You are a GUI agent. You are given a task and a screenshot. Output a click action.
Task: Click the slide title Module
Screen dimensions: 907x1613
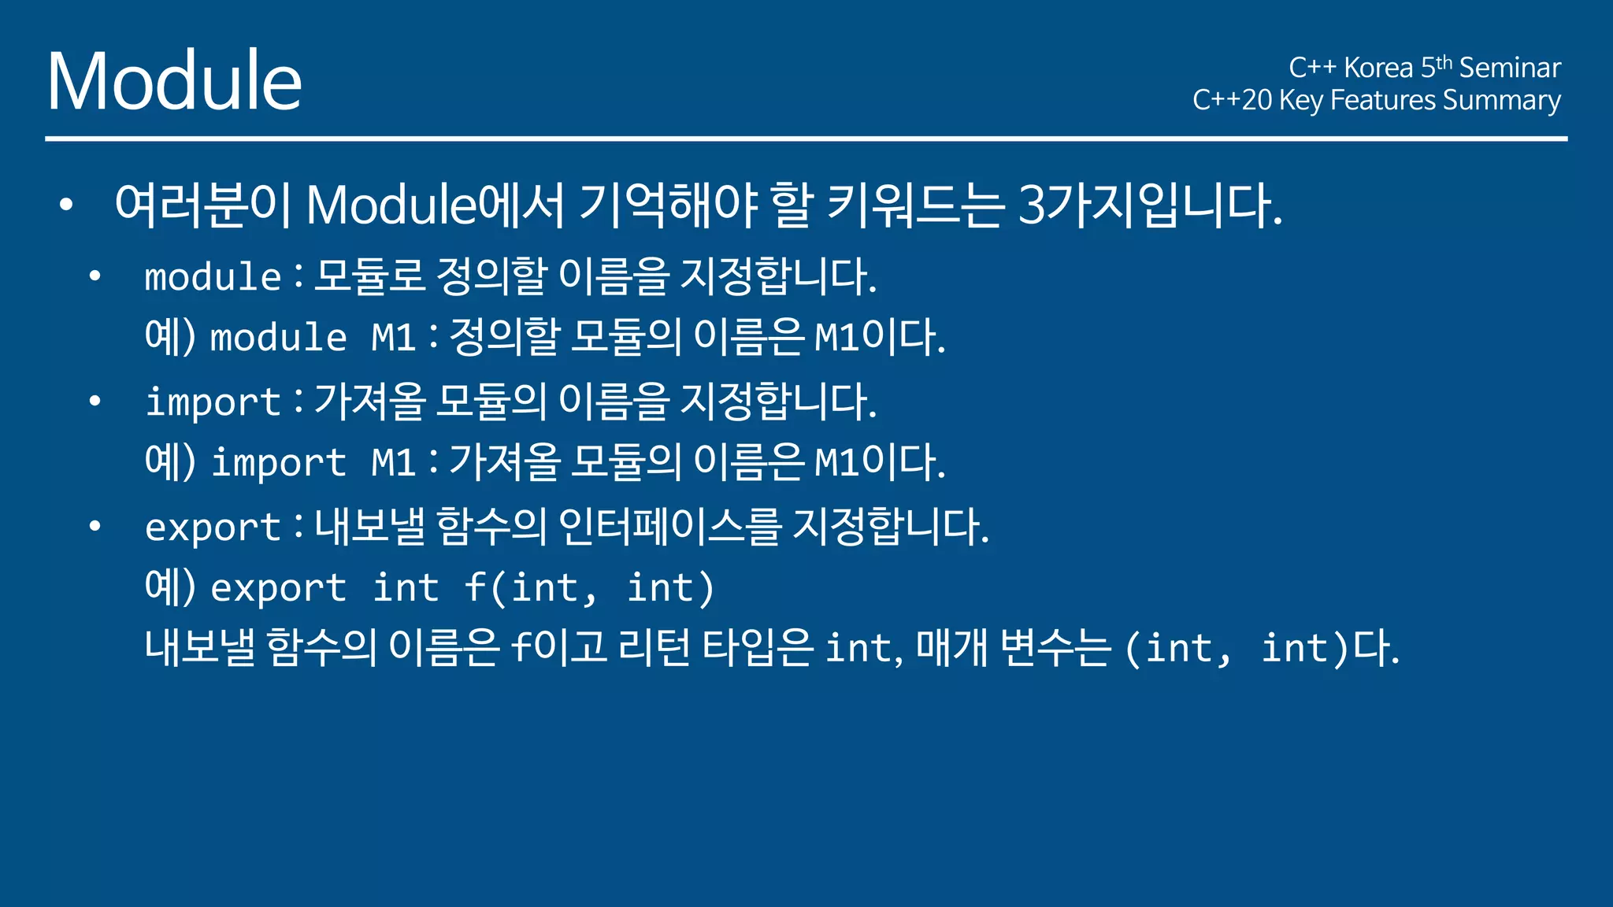[x=174, y=80]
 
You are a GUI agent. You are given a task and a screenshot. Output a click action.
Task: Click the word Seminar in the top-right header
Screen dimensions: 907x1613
[x=1510, y=68]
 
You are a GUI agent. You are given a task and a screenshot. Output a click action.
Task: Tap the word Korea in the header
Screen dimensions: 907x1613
[x=1378, y=68]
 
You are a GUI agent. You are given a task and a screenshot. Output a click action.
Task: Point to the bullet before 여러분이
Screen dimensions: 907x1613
[x=66, y=205]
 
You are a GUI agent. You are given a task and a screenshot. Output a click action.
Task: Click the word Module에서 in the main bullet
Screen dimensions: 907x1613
[x=435, y=205]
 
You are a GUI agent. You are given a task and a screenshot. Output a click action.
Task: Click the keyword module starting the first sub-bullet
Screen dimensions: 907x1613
[x=213, y=277]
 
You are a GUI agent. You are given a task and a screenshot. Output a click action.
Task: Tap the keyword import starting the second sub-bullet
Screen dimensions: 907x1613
[x=213, y=402]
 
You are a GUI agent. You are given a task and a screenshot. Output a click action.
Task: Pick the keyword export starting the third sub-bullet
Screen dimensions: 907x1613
[x=213, y=527]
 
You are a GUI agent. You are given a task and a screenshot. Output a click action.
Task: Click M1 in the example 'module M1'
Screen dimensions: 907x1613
[x=393, y=338]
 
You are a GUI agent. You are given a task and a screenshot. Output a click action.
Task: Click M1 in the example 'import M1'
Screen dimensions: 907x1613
[x=393, y=462]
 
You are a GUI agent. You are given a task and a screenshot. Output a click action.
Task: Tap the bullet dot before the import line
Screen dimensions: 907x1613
[x=95, y=402]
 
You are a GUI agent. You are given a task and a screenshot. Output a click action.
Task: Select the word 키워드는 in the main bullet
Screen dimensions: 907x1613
[x=915, y=205]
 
